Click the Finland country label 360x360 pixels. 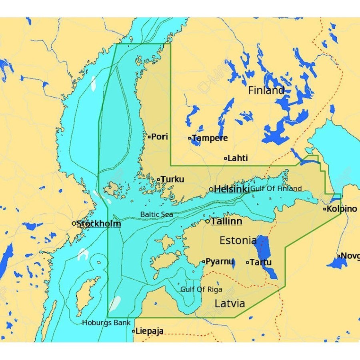(x=266, y=90)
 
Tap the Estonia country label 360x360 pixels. (x=238, y=240)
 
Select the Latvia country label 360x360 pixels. (x=230, y=303)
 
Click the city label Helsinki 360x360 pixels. (x=232, y=189)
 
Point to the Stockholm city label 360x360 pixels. (x=99, y=223)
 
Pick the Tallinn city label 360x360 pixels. (x=226, y=221)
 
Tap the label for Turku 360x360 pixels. (x=172, y=179)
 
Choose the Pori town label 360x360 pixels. (x=160, y=136)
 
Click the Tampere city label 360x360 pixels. (x=210, y=138)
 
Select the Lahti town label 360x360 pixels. (x=238, y=158)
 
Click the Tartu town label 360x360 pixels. (x=260, y=262)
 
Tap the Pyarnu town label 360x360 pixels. (x=220, y=262)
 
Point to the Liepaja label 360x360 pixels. (x=149, y=331)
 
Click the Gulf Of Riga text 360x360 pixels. (x=201, y=289)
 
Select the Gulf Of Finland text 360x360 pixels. (x=276, y=188)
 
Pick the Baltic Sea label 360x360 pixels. (x=156, y=214)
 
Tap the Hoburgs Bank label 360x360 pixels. (x=101, y=322)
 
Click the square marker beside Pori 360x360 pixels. (x=149, y=137)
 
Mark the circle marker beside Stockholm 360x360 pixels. (x=74, y=223)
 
